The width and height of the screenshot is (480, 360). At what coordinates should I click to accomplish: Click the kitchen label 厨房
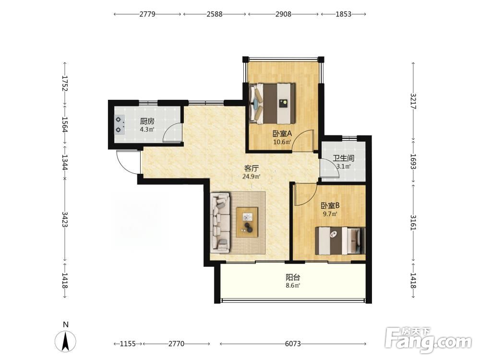pos(147,121)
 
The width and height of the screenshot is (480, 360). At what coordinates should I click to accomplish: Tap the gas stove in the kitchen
pos(120,125)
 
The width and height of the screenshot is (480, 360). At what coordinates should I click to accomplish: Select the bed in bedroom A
pos(272,104)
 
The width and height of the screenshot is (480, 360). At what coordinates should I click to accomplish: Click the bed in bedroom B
pos(340,240)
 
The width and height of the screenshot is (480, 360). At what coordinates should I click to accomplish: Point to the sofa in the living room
pos(220,223)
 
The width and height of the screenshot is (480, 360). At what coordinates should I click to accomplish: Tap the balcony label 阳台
pos(293,277)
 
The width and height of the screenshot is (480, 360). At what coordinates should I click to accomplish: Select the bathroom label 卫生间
pos(344,158)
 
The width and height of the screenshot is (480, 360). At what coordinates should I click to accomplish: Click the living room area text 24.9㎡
pos(252,176)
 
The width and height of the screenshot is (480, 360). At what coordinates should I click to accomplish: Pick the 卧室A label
pos(282,133)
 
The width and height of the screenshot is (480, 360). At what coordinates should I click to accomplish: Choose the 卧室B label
pos(330,205)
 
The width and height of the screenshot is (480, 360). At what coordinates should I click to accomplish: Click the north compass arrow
pos(65,341)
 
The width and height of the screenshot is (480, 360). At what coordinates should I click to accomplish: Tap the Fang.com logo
pos(428,339)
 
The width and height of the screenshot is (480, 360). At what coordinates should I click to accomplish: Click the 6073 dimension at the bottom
pos(293,344)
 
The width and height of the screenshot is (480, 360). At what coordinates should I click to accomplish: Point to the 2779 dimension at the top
pos(147,14)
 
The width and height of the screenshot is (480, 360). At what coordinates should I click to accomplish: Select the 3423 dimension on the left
pos(65,219)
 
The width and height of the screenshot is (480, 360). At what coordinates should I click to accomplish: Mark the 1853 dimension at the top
pos(343,14)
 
